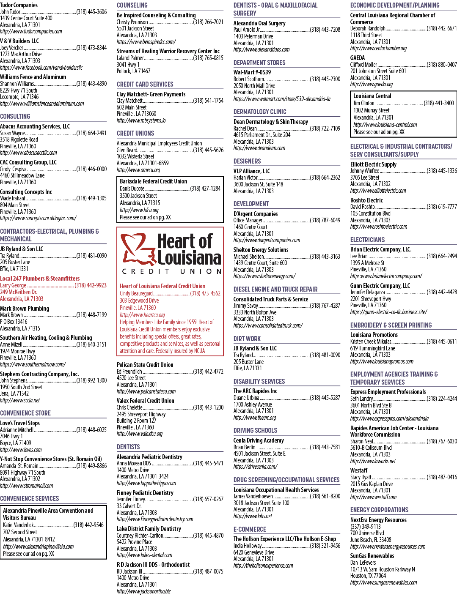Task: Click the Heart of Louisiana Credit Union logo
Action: pos(171,254)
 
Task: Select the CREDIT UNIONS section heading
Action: pos(135,134)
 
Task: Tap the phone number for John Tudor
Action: pos(91,12)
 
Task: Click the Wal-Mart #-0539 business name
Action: pos(252,72)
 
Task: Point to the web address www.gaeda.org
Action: pos(372,84)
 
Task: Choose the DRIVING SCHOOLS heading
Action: pos(255,430)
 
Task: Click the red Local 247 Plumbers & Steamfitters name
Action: pos(40,279)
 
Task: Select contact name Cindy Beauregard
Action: pos(136,293)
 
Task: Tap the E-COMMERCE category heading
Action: pos(250,530)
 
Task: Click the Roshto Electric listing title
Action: pos(366,200)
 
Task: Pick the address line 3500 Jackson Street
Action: pos(138,196)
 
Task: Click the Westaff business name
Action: pos(359,470)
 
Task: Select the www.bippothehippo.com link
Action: pos(146,483)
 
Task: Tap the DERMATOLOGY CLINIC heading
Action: pos(260,112)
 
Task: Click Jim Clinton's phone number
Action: pos(438,103)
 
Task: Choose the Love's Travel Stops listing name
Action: pos(20,423)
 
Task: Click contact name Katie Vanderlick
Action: pos(18,525)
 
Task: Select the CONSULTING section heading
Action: pos(15,116)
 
